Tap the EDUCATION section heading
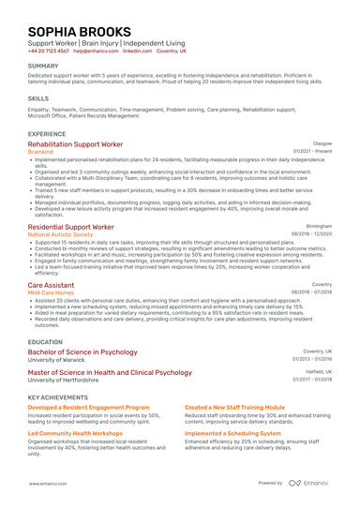click(45, 343)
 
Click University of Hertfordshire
click(67, 381)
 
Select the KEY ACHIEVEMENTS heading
click(60, 397)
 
